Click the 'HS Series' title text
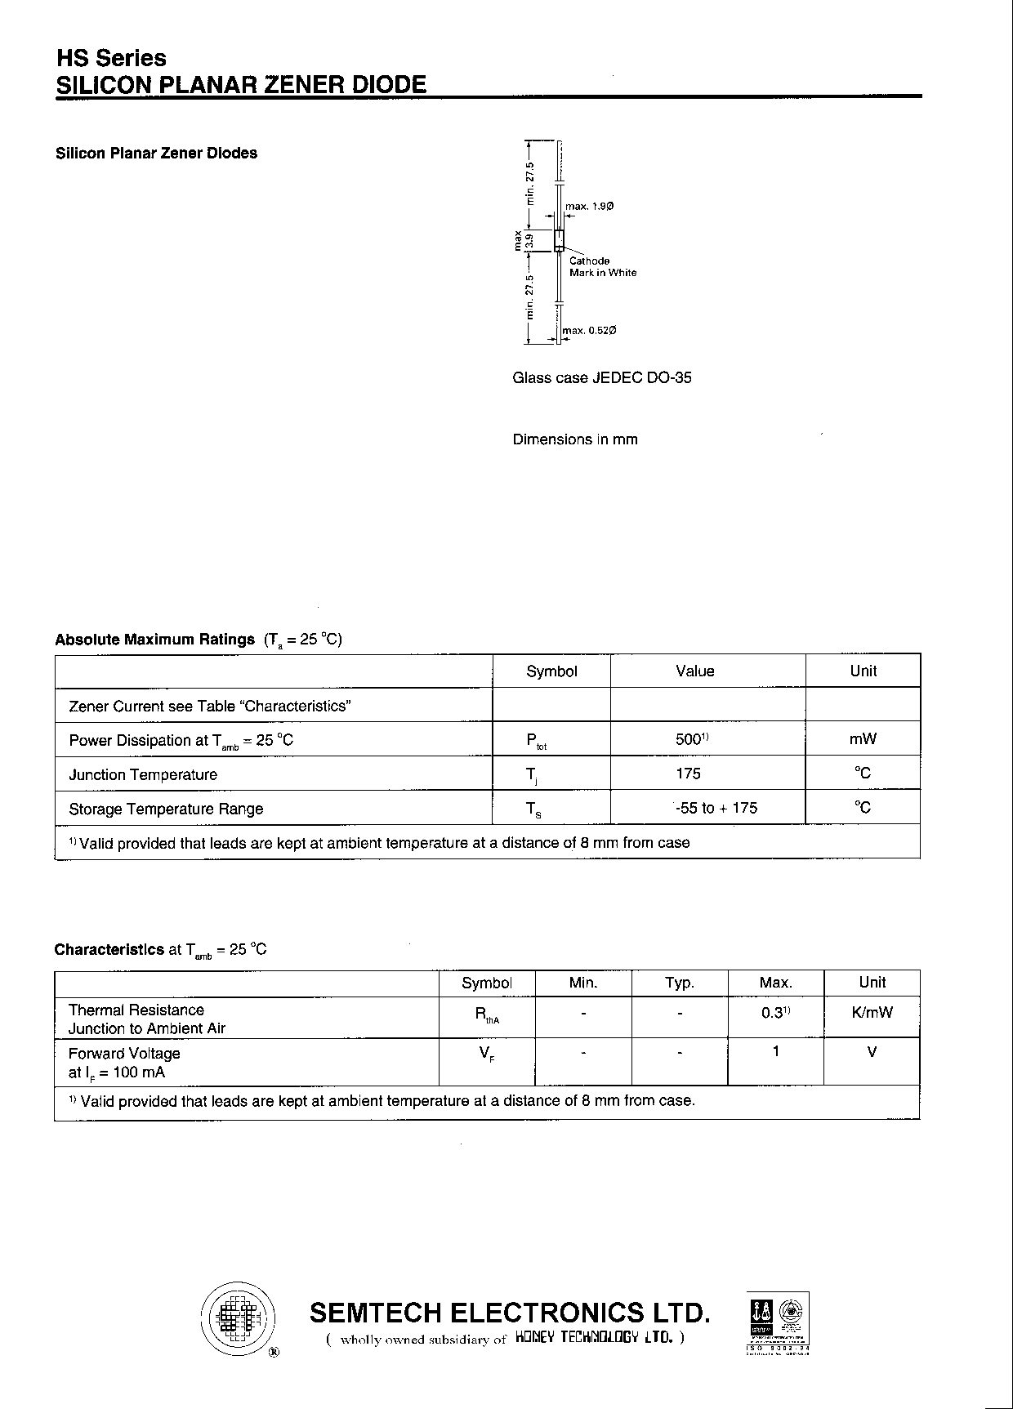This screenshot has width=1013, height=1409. tap(110, 58)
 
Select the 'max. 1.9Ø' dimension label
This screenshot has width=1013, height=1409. tap(589, 207)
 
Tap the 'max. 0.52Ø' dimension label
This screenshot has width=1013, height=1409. tap(589, 330)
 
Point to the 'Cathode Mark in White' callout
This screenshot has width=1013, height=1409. tap(602, 266)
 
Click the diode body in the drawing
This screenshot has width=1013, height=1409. tap(560, 240)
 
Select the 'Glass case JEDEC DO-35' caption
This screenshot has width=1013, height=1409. tap(601, 377)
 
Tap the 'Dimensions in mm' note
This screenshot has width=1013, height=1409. tap(575, 439)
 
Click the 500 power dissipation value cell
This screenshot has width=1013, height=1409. tap(694, 739)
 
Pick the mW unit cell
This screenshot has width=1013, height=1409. tap(863, 739)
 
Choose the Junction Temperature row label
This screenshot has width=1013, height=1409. tap(143, 774)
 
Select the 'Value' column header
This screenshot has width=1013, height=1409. tap(694, 671)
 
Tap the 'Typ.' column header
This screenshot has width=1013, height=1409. tap(679, 983)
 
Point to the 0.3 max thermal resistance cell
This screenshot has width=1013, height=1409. tap(775, 1013)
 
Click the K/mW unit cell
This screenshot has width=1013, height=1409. tap(872, 1013)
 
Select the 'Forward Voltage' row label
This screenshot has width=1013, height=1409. tap(124, 1054)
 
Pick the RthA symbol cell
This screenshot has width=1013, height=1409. tap(487, 1014)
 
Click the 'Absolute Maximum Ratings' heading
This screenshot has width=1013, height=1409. tap(154, 640)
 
